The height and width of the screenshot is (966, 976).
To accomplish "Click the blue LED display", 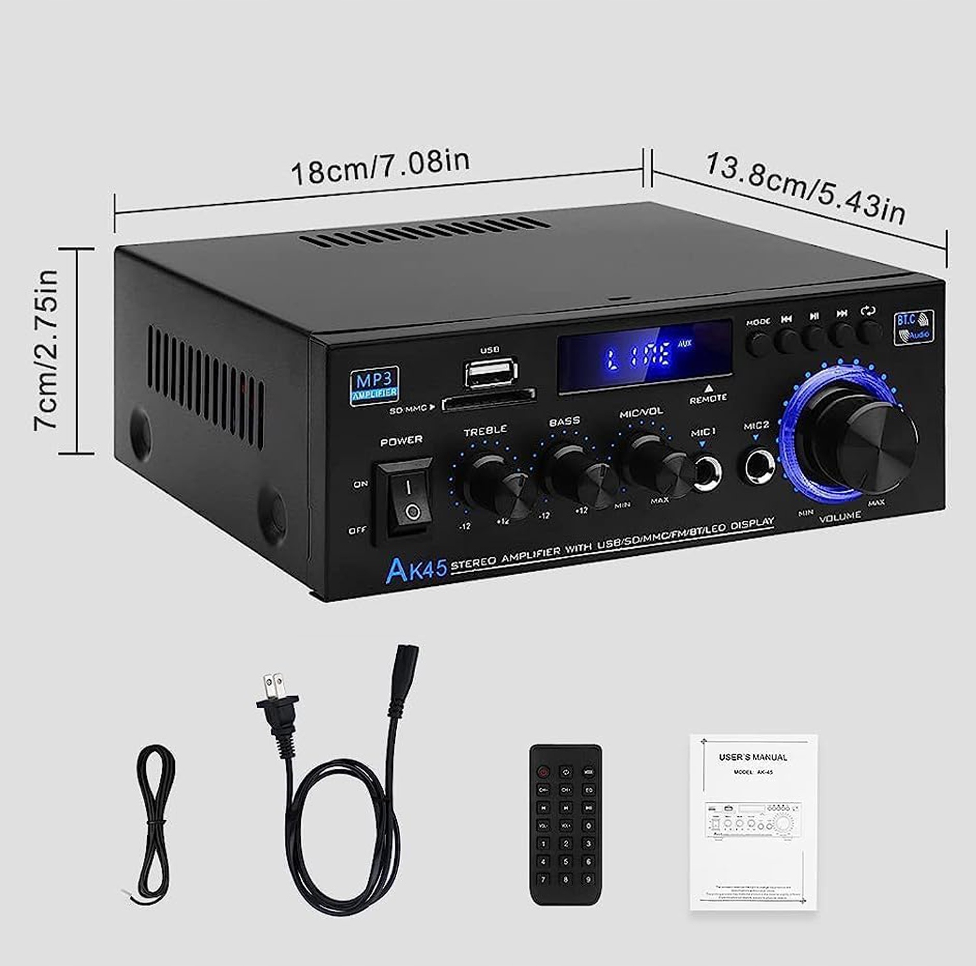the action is [644, 357].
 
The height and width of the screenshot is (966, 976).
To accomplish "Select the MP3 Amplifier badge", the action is [374, 385].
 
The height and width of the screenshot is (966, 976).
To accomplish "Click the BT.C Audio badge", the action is [914, 327].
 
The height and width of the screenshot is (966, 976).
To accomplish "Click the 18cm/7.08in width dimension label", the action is [379, 168].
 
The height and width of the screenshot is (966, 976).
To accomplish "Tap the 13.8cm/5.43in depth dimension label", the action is [804, 188].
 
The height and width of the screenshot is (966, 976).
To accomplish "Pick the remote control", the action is [565, 824].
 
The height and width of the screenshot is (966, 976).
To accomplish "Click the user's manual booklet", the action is [753, 821].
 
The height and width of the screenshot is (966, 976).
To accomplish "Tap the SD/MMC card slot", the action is [489, 401].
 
